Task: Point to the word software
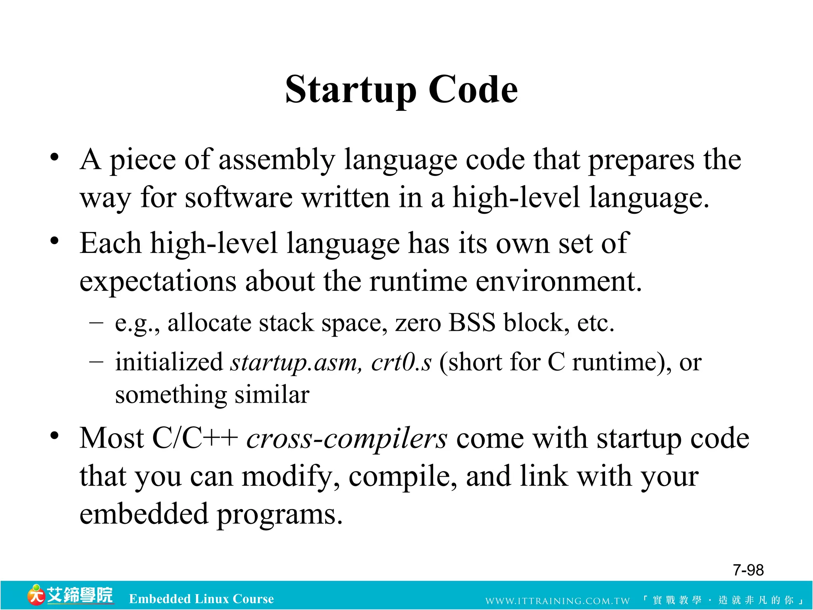pyautogui.click(x=239, y=198)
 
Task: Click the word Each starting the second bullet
pyautogui.click(x=110, y=243)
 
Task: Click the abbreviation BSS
pyautogui.click(x=472, y=322)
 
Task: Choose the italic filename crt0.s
pyautogui.click(x=401, y=362)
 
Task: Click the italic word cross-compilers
pyautogui.click(x=347, y=439)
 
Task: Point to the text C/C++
pyautogui.click(x=195, y=438)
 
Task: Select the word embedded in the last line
pyautogui.click(x=144, y=514)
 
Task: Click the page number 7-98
pyautogui.click(x=748, y=570)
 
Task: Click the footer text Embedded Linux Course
pyautogui.click(x=201, y=599)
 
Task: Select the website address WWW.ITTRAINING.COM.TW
pyautogui.click(x=557, y=601)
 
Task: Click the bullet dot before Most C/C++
pyautogui.click(x=54, y=436)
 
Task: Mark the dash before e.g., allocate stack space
pyautogui.click(x=96, y=322)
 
